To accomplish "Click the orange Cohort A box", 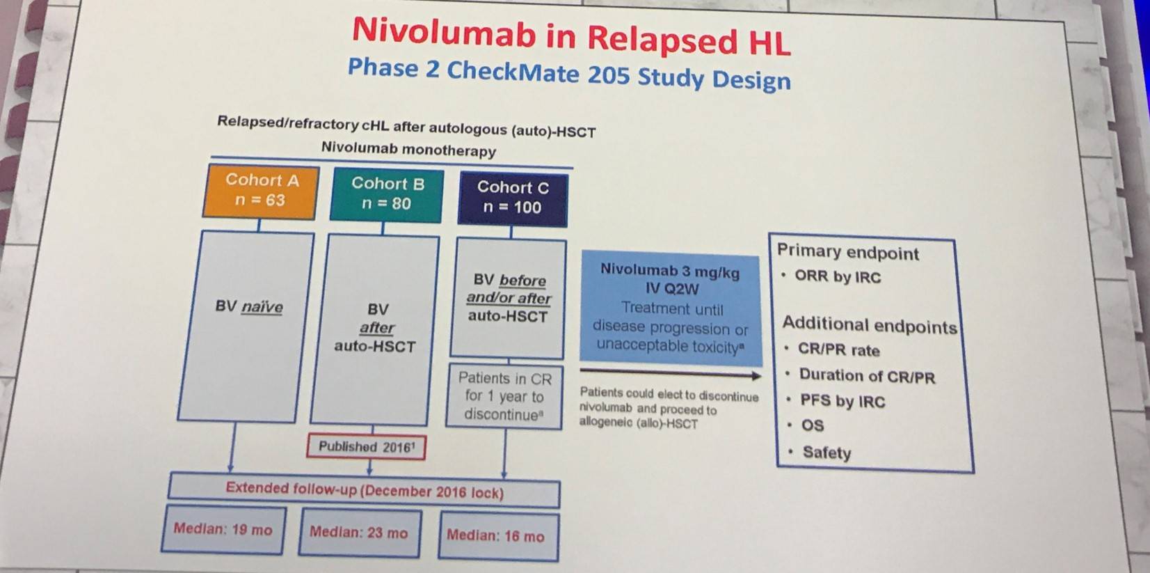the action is click(261, 191).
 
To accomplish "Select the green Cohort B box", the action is click(387, 195).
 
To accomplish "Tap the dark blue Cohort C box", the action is click(513, 199).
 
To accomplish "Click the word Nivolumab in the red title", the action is click(445, 31).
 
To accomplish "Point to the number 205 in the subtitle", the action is click(608, 75).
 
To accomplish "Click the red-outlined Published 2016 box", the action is click(366, 446).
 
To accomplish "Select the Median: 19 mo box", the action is click(223, 530).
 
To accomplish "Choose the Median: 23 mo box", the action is click(360, 533).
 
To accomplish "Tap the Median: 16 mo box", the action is click(498, 536).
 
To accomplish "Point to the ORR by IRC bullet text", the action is click(838, 277).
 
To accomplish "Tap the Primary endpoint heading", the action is click(847, 252).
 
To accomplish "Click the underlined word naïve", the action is click(262, 307).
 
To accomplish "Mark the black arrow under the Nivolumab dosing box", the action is click(671, 372).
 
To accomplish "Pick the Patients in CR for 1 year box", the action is click(504, 396).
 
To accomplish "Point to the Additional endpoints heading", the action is click(870, 325).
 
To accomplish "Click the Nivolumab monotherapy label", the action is click(408, 150).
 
